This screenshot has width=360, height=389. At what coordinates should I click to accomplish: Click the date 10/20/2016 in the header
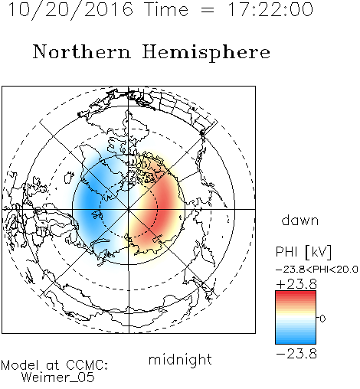[x=70, y=9]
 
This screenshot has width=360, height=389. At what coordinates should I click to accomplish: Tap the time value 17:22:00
[x=270, y=9]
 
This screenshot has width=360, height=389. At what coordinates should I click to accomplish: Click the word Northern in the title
[x=82, y=52]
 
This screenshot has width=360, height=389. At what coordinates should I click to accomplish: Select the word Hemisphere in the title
[x=206, y=53]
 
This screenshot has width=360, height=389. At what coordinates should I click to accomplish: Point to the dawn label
[x=299, y=220]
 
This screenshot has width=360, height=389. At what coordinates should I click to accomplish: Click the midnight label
[x=180, y=359]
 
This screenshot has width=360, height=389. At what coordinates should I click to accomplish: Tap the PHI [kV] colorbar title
[x=303, y=252]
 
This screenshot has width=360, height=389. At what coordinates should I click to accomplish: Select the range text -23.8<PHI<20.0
[x=316, y=269]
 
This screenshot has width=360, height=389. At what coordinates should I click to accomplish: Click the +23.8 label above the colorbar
[x=296, y=284]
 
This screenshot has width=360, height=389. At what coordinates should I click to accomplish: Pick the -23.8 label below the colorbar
[x=296, y=354]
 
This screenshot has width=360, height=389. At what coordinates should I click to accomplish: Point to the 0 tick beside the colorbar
[x=322, y=319]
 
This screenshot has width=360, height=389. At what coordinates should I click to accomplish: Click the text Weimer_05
[x=58, y=377]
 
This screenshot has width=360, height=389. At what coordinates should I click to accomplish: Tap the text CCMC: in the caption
[x=87, y=365]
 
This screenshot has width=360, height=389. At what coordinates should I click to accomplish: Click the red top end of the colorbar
[x=296, y=293]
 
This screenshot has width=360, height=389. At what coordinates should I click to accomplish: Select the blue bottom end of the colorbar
[x=296, y=342]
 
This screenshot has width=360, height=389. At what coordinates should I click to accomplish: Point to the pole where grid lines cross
[x=129, y=209]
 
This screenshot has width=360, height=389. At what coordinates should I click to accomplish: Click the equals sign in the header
[x=208, y=10]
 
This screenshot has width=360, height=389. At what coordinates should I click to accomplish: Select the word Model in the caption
[x=20, y=365]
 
